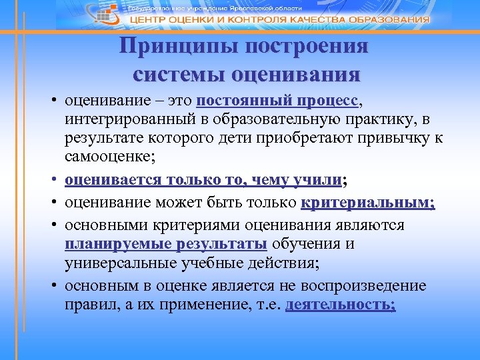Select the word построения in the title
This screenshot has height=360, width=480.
coord(307,48)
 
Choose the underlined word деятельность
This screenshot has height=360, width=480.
coord(340,305)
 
